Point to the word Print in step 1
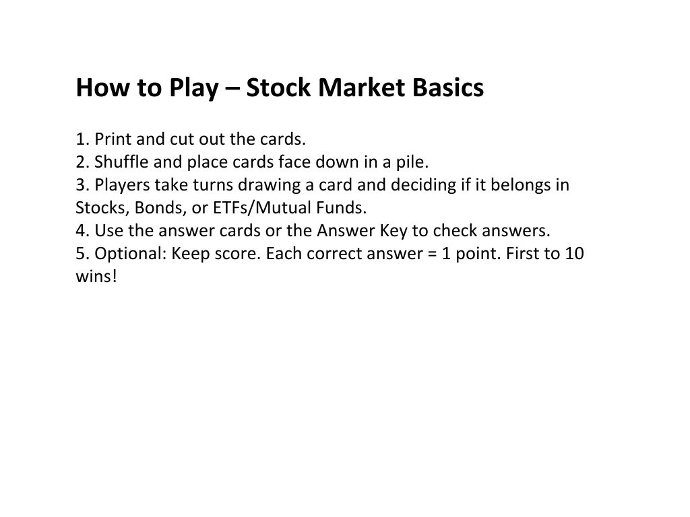tap(113, 139)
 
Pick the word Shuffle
tap(121, 162)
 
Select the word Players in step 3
tap(123, 186)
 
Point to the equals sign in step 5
tap(432, 254)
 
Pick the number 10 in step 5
tap(574, 253)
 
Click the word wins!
tap(96, 276)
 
